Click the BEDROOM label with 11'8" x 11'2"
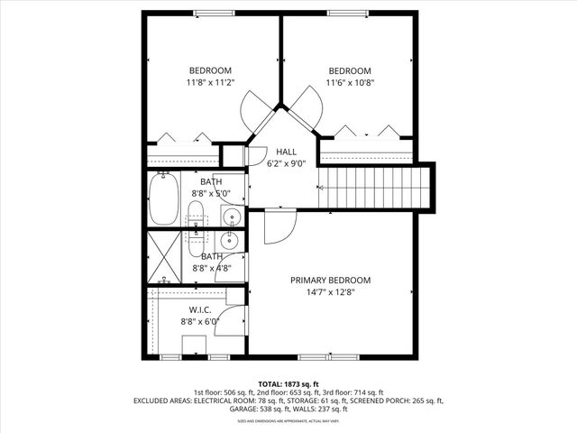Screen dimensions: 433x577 pyautogui.click(x=210, y=71)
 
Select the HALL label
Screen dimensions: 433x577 pyautogui.click(x=286, y=152)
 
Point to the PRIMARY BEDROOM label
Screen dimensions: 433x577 pyautogui.click(x=330, y=281)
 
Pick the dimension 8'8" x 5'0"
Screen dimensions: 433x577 pyautogui.click(x=212, y=193)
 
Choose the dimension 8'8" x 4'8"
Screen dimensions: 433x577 pyautogui.click(x=212, y=268)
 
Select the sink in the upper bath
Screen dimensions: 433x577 pyautogui.click(x=231, y=216)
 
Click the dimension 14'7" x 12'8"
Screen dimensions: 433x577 pyautogui.click(x=330, y=292)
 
